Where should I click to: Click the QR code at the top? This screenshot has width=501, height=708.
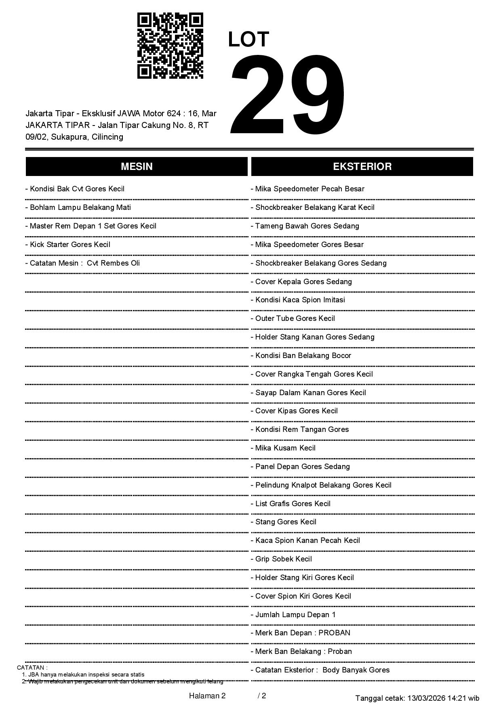click(170, 46)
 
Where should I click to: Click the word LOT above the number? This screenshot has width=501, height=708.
click(248, 40)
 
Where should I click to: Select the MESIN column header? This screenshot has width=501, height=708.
click(137, 167)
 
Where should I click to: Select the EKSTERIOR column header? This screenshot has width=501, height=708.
click(362, 167)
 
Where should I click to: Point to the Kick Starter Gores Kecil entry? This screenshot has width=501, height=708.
click(69, 245)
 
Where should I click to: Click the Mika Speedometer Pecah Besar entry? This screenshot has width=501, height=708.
click(309, 189)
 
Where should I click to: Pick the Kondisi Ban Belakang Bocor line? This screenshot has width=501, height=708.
click(303, 356)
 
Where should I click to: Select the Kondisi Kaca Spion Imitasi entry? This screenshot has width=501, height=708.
click(300, 300)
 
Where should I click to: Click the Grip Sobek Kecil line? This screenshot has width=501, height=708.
click(283, 559)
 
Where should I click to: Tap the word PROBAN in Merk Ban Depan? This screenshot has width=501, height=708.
click(334, 633)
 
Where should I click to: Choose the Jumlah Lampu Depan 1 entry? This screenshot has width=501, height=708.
click(295, 615)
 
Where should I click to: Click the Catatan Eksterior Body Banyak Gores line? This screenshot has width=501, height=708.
click(322, 670)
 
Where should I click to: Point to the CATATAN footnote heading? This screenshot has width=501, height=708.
click(32, 668)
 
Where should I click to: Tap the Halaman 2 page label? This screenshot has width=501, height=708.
click(207, 696)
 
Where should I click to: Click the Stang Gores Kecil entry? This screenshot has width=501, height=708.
click(285, 522)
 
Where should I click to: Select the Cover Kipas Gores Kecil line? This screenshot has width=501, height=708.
click(296, 411)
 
